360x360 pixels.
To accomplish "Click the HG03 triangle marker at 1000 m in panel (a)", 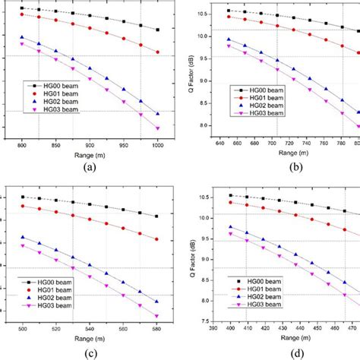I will tap(157, 128).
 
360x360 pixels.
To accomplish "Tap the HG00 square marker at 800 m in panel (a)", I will tap(22, 8).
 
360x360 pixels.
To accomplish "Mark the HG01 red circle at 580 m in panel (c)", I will tap(156, 239).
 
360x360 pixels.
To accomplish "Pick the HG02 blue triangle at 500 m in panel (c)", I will tap(23, 237).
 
